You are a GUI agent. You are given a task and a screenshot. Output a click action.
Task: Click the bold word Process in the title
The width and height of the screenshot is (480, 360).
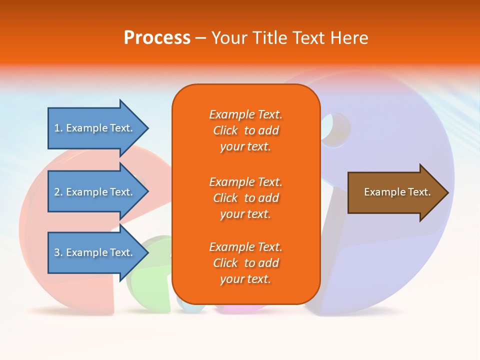(157, 37)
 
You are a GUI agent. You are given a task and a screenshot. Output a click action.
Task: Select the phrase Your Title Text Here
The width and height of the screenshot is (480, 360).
(289, 37)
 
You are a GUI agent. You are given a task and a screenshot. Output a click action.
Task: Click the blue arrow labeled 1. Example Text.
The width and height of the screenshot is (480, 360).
(95, 128)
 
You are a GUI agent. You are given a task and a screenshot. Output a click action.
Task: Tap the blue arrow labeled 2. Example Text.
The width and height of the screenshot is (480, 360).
(95, 192)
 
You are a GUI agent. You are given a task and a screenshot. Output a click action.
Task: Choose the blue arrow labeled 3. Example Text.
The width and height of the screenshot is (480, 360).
(95, 252)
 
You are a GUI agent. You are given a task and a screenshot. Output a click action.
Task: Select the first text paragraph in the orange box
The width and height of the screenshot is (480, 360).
(245, 130)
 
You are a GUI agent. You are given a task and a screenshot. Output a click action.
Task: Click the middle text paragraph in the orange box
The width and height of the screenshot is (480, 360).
(245, 198)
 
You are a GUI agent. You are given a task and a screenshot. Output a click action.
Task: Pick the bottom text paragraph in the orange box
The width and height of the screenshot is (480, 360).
(245, 263)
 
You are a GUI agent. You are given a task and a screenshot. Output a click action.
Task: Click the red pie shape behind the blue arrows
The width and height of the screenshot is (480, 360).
(35, 225)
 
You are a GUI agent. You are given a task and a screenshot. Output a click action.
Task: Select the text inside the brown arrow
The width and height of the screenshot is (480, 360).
(397, 192)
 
